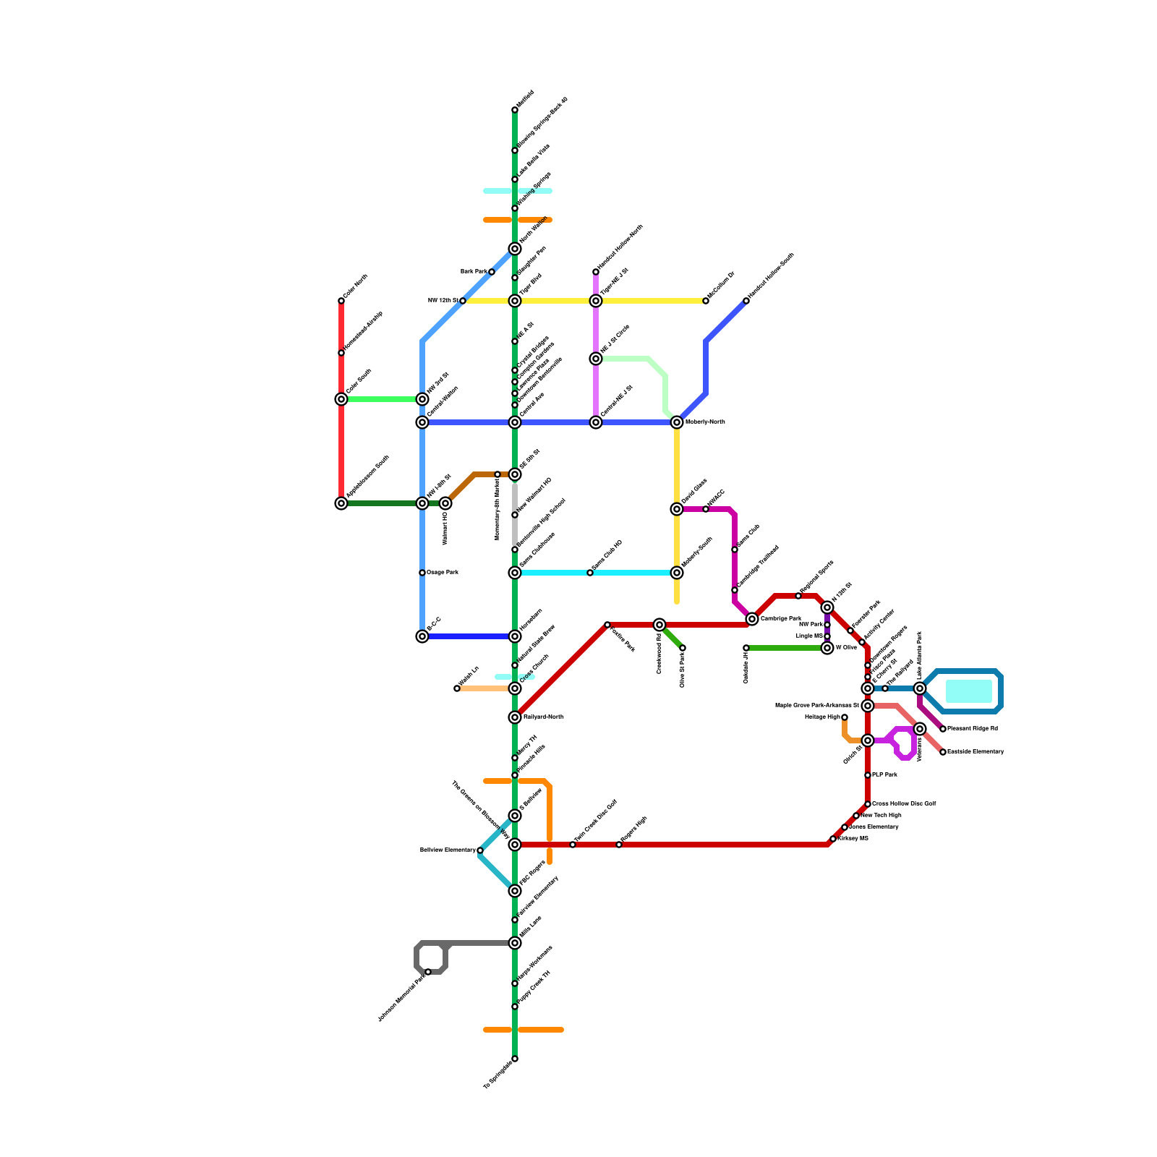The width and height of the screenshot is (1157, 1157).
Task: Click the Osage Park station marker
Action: tap(422, 573)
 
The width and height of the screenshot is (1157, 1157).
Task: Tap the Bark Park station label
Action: tap(474, 271)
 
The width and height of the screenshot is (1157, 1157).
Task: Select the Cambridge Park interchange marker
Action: tap(752, 619)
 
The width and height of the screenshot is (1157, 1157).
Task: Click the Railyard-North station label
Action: tap(543, 717)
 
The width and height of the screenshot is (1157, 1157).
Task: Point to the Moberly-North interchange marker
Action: tap(677, 422)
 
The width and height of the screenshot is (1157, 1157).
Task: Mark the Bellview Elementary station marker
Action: tap(480, 850)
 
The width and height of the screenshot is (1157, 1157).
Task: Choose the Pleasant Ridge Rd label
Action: tap(973, 728)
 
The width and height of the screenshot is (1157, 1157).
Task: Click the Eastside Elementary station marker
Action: tap(943, 752)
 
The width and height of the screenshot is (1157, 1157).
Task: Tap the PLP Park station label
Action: tap(884, 774)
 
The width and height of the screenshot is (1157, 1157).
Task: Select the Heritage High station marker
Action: tap(845, 717)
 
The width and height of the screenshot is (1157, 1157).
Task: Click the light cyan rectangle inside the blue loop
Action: tap(968, 691)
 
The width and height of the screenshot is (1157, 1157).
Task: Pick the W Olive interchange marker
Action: tap(827, 648)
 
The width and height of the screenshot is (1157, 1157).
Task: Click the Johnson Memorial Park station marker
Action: tap(428, 972)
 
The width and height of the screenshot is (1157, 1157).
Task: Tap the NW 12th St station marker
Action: tap(463, 301)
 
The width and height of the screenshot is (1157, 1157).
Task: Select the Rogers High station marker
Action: tap(619, 845)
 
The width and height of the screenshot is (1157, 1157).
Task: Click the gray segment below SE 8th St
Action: tap(515, 506)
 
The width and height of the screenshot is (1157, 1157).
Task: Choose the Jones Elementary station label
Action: tap(874, 827)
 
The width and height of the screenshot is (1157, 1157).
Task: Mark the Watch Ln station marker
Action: tap(457, 688)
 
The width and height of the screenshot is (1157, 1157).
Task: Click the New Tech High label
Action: tap(880, 815)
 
